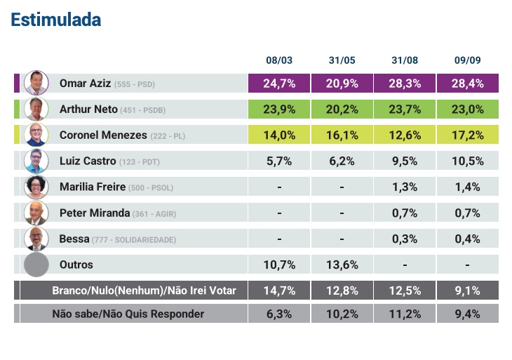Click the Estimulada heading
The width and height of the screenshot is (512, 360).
coord(56,20)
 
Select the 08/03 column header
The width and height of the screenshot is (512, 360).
coord(278,61)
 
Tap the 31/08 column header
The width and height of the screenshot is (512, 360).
coord(405,61)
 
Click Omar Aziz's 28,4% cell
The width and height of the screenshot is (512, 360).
coord(467,84)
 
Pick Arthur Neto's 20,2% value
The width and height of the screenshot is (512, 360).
coord(342,109)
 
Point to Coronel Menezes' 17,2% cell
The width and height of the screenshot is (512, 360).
coord(467,135)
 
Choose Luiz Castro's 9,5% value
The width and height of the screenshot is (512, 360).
coord(405,161)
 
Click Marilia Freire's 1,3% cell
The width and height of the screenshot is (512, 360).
coord(405,187)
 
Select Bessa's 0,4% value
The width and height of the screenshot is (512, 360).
coord(467,239)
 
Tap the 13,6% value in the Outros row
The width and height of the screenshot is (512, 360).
coord(342,265)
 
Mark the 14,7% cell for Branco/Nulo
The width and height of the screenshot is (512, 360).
coord(278,291)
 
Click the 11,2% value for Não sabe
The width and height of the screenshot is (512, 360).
coord(405,314)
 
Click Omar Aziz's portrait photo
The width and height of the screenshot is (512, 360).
coord(35,83)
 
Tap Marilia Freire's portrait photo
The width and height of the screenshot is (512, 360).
coord(35,187)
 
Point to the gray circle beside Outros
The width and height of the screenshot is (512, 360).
coord(36,265)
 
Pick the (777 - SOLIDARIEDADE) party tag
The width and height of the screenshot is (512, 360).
coord(134,240)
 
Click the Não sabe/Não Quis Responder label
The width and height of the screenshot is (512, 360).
coord(128,314)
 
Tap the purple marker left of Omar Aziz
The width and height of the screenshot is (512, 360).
coord(17,83)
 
